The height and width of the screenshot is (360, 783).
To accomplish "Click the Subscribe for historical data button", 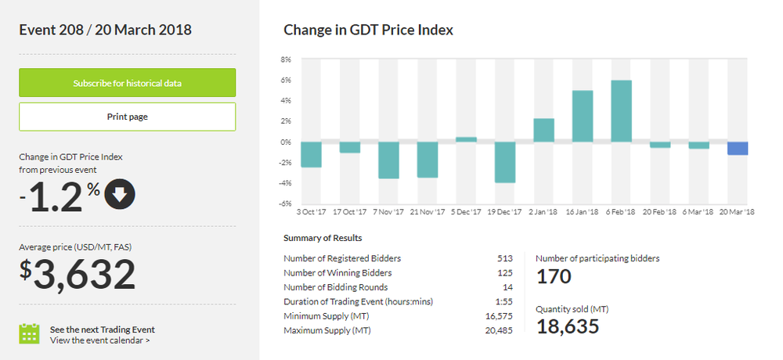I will pos(127,83).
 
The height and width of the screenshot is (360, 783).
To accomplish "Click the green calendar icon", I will pos(29,333).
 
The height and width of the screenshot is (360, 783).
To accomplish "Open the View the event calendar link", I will pos(99,340).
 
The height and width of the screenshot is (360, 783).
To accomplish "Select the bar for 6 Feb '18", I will pos(621,111).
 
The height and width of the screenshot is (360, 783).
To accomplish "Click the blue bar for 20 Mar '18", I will pos(738,148).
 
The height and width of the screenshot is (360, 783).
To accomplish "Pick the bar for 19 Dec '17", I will pos(505,162).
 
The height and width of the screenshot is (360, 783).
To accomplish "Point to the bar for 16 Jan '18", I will pos(583,116).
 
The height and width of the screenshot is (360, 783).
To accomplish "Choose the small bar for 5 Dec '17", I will pos(466,139).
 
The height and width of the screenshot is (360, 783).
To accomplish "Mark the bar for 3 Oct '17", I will pos(311,154).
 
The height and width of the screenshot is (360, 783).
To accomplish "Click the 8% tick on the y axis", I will pos(286,59).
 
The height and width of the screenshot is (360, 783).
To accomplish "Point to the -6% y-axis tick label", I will pos(285,203).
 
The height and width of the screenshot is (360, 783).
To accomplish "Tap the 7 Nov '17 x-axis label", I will pos(388,211).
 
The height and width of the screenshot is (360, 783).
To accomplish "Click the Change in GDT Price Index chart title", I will pos(368,31).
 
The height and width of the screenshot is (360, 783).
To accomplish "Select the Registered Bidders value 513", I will pos(505,257).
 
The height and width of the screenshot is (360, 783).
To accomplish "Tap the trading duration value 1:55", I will pos(503,301).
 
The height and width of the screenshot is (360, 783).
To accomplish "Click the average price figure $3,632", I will pos(78,275).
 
